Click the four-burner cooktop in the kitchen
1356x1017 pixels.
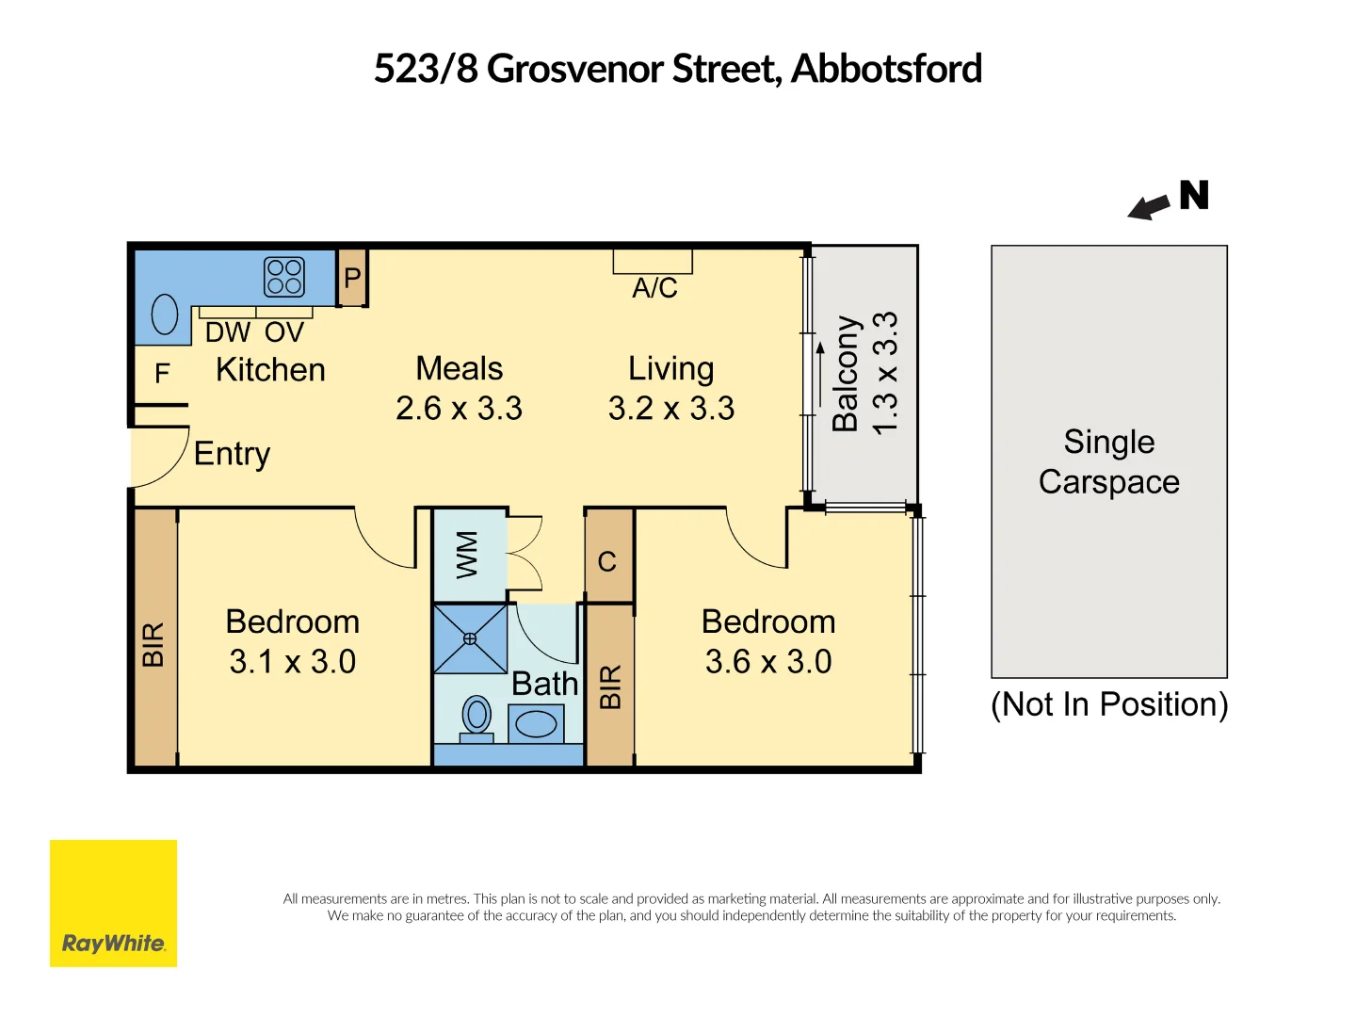coord(284,277)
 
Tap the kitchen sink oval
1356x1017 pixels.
coord(165,315)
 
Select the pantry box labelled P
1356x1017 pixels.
coord(352,278)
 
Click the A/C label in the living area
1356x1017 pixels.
coord(654,288)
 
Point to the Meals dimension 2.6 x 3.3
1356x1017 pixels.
coord(459,409)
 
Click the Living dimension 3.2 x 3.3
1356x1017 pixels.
coord(670,409)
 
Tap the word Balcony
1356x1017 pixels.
coord(846,373)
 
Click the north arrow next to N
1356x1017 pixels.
coord(1149,207)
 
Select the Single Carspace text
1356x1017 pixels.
coord(1108,461)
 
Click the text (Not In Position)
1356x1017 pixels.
coord(1108,704)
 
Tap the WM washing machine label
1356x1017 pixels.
coord(467,555)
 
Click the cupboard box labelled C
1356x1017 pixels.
coord(607,562)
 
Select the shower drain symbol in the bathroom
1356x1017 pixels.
coord(470,638)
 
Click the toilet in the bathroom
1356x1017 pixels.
coord(477,718)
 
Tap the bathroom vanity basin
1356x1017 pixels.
coord(536,724)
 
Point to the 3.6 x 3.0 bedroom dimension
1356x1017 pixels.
coord(768,662)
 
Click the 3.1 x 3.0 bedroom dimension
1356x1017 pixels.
coord(292,662)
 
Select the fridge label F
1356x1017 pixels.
coord(162,374)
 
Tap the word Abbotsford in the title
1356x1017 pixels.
coord(886,69)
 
